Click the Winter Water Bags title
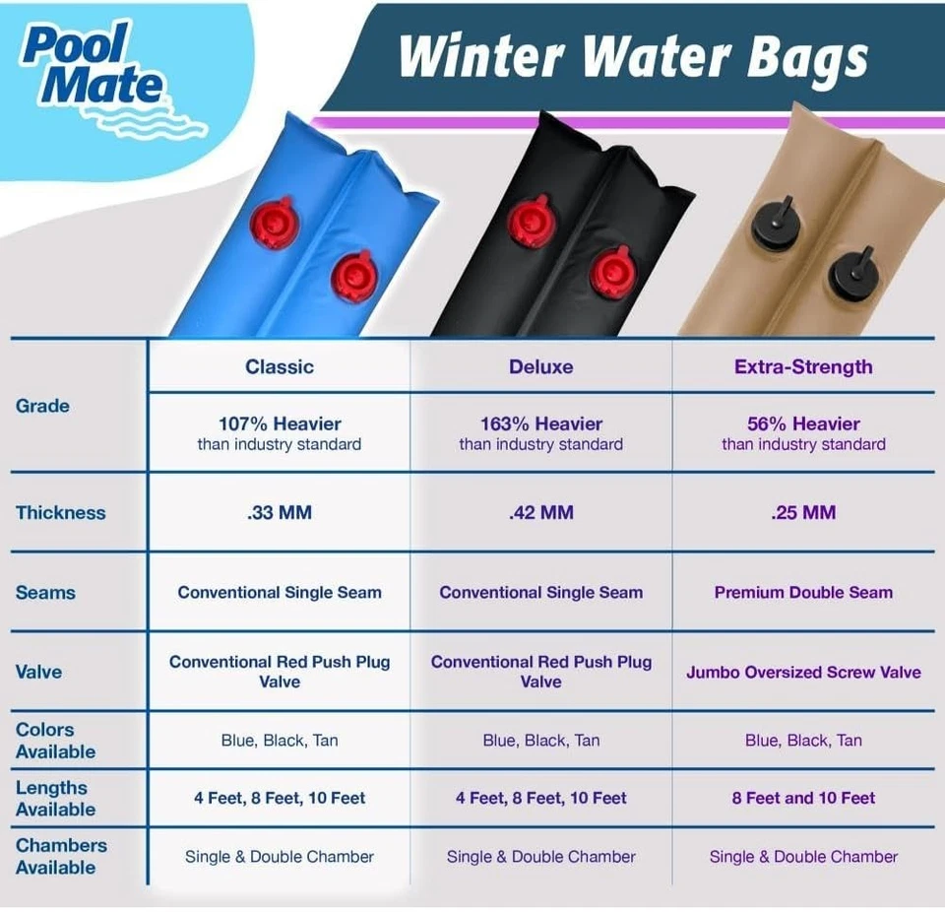[x=633, y=56]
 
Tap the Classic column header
[x=280, y=367]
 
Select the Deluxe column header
[x=540, y=367]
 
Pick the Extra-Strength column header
[x=803, y=367]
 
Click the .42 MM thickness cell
[x=540, y=512]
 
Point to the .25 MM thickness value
[x=803, y=512]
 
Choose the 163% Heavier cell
[x=540, y=433]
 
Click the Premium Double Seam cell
[x=803, y=593]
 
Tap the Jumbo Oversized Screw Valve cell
[x=803, y=673]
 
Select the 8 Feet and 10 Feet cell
[x=803, y=798]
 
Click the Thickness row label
[x=60, y=512]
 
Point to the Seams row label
[x=45, y=593]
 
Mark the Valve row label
[x=38, y=673]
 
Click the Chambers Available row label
[x=61, y=856]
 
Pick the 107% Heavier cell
[x=280, y=433]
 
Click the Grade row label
[x=42, y=406]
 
